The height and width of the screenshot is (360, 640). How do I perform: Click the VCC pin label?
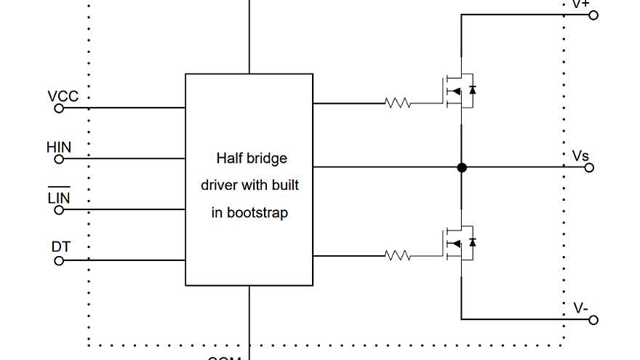point(63,97)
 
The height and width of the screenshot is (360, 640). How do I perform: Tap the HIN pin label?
point(59,148)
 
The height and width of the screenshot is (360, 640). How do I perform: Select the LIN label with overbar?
point(59,197)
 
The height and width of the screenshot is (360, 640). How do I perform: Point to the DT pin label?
point(61,247)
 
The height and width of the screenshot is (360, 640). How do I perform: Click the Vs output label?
point(580,156)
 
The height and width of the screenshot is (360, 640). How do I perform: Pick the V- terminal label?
point(580,308)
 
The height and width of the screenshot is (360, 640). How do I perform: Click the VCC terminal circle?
point(60,108)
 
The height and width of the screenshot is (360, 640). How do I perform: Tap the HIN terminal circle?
point(60,159)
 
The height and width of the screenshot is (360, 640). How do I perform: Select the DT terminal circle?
point(60,260)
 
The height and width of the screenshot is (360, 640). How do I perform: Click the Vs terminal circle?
point(590,168)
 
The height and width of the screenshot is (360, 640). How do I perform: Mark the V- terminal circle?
point(593,320)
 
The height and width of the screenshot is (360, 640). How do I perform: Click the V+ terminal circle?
point(593,15)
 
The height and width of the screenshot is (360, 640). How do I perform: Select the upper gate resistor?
point(398,103)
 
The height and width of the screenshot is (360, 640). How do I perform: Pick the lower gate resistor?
point(398,255)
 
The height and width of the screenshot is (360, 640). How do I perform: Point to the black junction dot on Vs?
point(462,168)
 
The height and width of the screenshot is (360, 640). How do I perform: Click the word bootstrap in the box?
point(257,213)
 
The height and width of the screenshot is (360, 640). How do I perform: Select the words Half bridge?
point(252,158)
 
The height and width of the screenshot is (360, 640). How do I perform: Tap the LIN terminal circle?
point(60,210)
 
